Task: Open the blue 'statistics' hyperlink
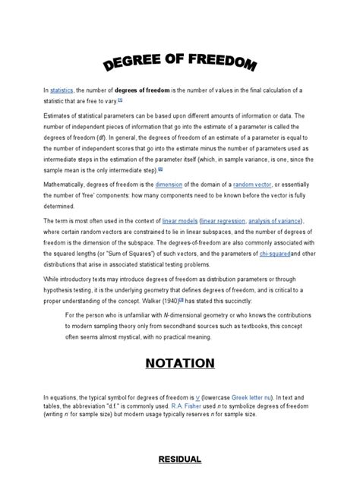(x=62, y=90)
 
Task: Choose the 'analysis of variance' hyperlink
(x=286, y=221)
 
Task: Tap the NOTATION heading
(x=179, y=365)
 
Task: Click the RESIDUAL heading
(x=179, y=459)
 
